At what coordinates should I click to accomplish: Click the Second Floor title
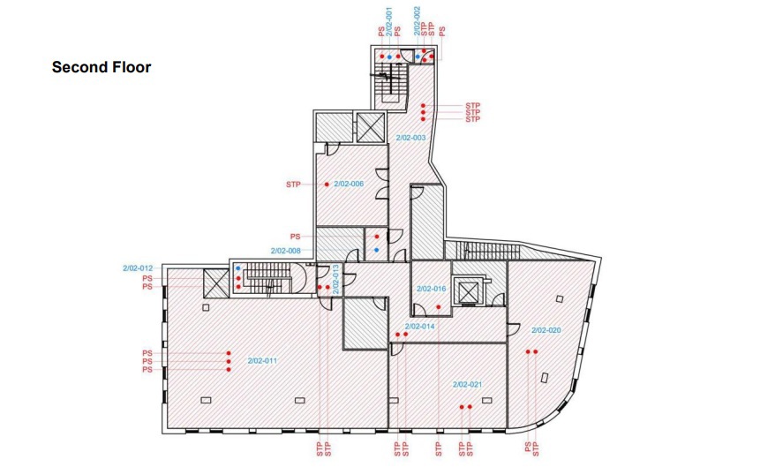pyautogui.click(x=102, y=67)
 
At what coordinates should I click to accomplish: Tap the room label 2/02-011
pyautogui.click(x=262, y=361)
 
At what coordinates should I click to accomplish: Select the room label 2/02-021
pyautogui.click(x=468, y=384)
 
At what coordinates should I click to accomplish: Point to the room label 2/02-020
pyautogui.click(x=546, y=330)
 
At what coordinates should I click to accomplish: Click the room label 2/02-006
pyautogui.click(x=349, y=184)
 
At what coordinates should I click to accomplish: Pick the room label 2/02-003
pyautogui.click(x=410, y=138)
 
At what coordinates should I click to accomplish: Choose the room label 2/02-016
pyautogui.click(x=432, y=289)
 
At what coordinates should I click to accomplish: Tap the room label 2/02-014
pyautogui.click(x=419, y=326)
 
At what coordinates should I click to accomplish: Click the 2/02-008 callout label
pyautogui.click(x=286, y=251)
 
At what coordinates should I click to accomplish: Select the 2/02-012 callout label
pyautogui.click(x=138, y=268)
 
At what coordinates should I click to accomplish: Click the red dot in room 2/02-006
pyautogui.click(x=327, y=185)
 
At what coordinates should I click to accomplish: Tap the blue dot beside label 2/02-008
pyautogui.click(x=377, y=250)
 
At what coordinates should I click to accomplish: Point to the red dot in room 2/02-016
pyautogui.click(x=439, y=307)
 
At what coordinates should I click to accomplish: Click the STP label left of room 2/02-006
pyautogui.click(x=293, y=185)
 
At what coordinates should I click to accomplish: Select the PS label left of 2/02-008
pyautogui.click(x=296, y=237)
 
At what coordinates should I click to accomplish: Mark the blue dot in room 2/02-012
pyautogui.click(x=238, y=268)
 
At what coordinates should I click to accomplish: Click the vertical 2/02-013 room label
pyautogui.click(x=335, y=280)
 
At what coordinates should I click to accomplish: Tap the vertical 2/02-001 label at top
pyautogui.click(x=389, y=22)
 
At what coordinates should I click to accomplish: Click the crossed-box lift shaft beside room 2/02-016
pyautogui.click(x=467, y=292)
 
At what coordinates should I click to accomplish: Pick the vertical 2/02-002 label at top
pyautogui.click(x=417, y=21)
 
